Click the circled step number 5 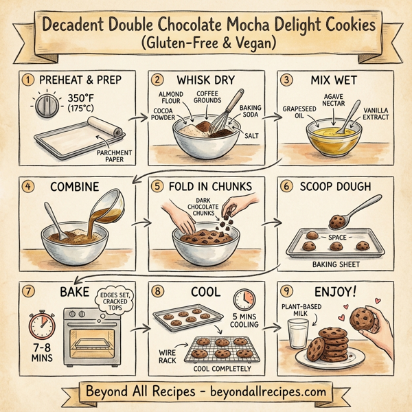[158, 185]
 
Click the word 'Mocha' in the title [242, 25]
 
